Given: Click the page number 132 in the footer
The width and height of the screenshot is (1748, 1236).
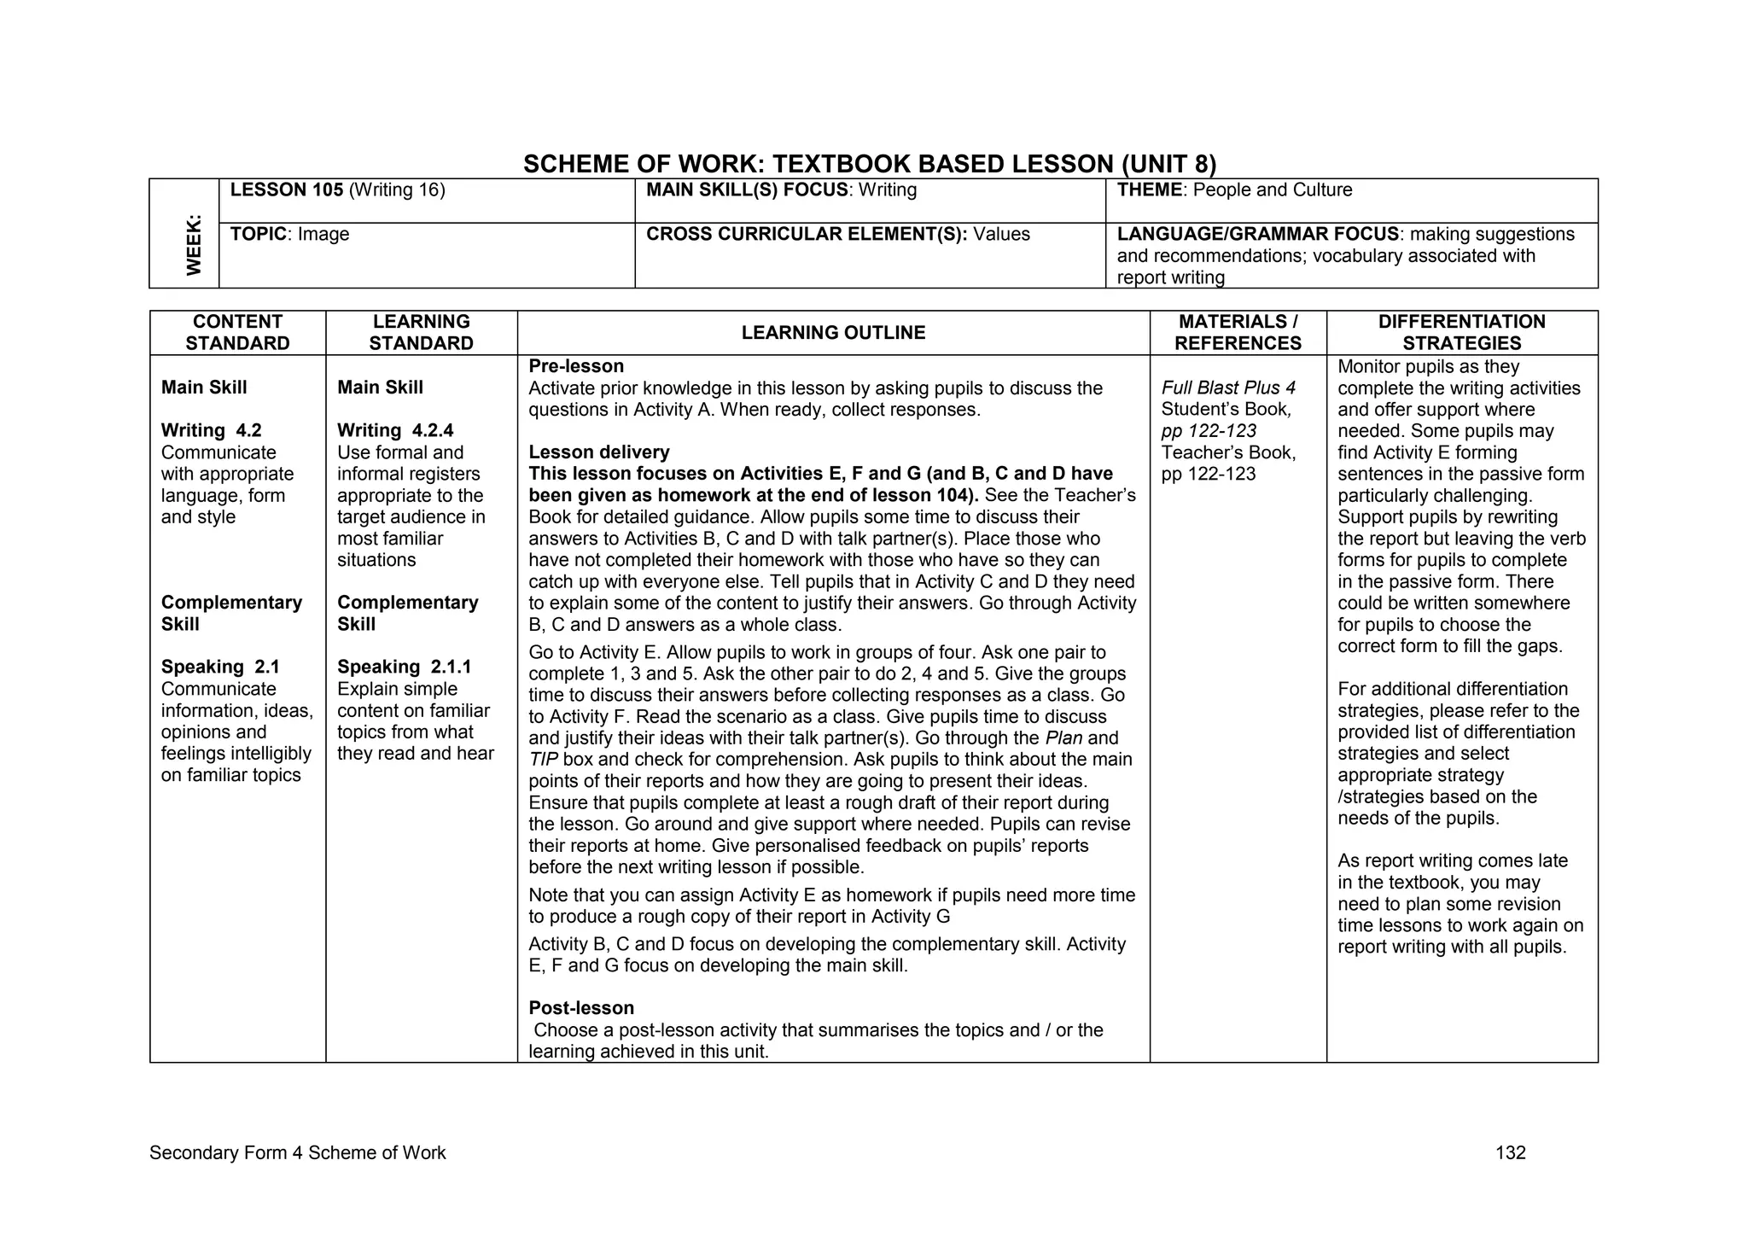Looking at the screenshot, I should pyautogui.click(x=1510, y=1153).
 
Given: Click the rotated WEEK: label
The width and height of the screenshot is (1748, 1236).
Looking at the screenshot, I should pyautogui.click(x=195, y=245).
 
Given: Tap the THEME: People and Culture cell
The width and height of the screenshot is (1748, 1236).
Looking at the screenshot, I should pyautogui.click(x=1234, y=190).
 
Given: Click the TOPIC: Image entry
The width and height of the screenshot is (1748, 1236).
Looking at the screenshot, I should pyautogui.click(x=289, y=235).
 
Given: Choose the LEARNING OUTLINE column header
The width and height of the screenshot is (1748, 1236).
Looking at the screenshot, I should pyautogui.click(x=833, y=333).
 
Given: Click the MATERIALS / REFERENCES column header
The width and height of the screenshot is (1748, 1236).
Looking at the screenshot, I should pyautogui.click(x=1238, y=333).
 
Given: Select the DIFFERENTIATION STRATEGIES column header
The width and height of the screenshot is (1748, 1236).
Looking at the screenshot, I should pyautogui.click(x=1461, y=333).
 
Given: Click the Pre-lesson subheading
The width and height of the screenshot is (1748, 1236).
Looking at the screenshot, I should pyautogui.click(x=576, y=367).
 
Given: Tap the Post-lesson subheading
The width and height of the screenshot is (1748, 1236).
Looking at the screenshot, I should pyautogui.click(x=581, y=1008).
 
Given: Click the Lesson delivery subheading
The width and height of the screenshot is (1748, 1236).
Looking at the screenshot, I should pyautogui.click(x=599, y=452).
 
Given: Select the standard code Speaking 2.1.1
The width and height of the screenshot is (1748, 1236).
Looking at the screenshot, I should pyautogui.click(x=404, y=668).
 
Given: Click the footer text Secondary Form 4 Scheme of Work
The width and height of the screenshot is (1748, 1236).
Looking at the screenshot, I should pyautogui.click(x=297, y=1153).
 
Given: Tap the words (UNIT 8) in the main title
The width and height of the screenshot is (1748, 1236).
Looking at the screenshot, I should pyautogui.click(x=1168, y=164).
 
